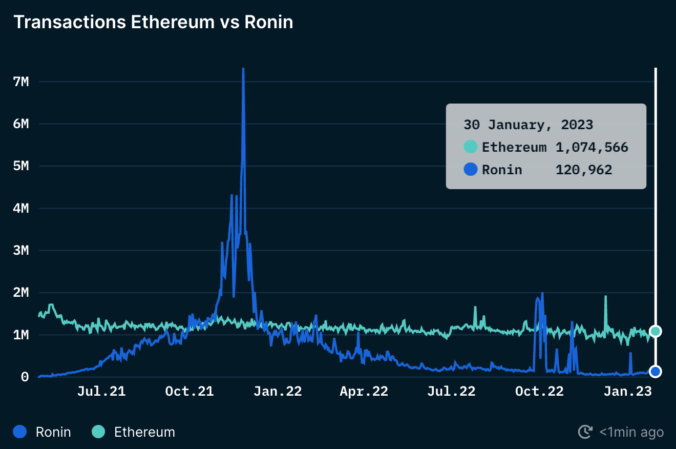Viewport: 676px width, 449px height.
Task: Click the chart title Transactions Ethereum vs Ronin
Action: tap(153, 23)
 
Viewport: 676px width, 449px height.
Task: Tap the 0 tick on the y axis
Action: tap(25, 377)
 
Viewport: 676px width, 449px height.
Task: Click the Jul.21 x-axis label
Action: tap(101, 392)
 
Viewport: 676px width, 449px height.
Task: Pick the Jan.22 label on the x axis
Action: tap(278, 392)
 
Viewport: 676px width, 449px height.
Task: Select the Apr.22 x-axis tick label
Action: tap(364, 392)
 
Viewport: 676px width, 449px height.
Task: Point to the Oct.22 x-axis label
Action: tap(539, 392)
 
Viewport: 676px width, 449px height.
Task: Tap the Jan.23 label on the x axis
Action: tap(627, 392)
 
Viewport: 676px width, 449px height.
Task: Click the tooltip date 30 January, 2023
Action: tap(528, 125)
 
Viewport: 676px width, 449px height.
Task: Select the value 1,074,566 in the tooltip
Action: tap(591, 148)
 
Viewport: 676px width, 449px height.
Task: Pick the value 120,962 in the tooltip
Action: tap(584, 170)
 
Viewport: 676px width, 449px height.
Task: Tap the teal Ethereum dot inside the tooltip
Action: tap(471, 147)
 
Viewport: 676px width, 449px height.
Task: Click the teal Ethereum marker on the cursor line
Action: tap(656, 331)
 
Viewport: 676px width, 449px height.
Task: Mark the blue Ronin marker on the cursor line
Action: tap(656, 371)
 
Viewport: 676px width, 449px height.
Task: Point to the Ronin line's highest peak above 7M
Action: tap(243, 69)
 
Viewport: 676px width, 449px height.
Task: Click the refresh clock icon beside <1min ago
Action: tap(585, 432)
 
